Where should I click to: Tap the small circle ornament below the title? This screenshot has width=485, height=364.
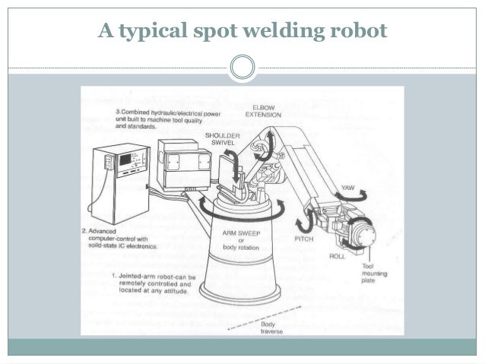[242, 67]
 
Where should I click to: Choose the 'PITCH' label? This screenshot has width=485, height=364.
[304, 238]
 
